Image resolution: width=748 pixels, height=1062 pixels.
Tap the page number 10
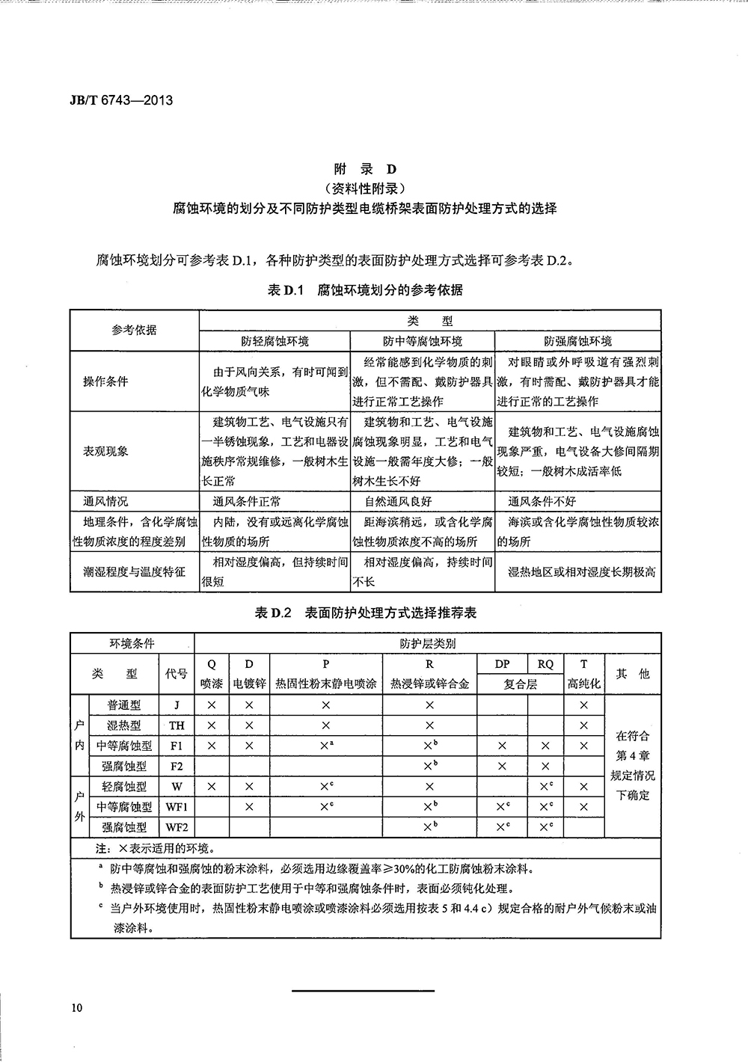(x=77, y=1007)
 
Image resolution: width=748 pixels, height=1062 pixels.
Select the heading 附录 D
(x=365, y=169)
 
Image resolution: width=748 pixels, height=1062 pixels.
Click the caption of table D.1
(x=365, y=290)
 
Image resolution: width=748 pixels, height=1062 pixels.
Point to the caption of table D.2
(x=365, y=613)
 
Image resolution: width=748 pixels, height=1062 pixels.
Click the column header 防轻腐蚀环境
(x=275, y=341)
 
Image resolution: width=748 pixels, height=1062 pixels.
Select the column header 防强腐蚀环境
(x=577, y=341)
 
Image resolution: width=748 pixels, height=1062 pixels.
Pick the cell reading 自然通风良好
(x=398, y=501)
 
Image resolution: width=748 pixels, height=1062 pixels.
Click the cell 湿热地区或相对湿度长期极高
(x=581, y=572)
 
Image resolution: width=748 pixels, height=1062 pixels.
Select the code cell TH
(x=177, y=725)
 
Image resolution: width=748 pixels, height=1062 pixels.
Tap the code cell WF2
(x=177, y=827)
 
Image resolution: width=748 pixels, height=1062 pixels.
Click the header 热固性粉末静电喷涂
(x=325, y=684)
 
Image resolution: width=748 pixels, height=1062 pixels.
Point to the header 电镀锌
(x=249, y=684)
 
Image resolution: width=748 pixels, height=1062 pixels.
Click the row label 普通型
(x=123, y=705)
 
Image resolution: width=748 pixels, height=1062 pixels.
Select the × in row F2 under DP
(x=502, y=767)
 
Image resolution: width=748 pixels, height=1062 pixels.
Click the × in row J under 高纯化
(x=583, y=705)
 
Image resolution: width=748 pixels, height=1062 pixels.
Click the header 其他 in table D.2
(x=633, y=674)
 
